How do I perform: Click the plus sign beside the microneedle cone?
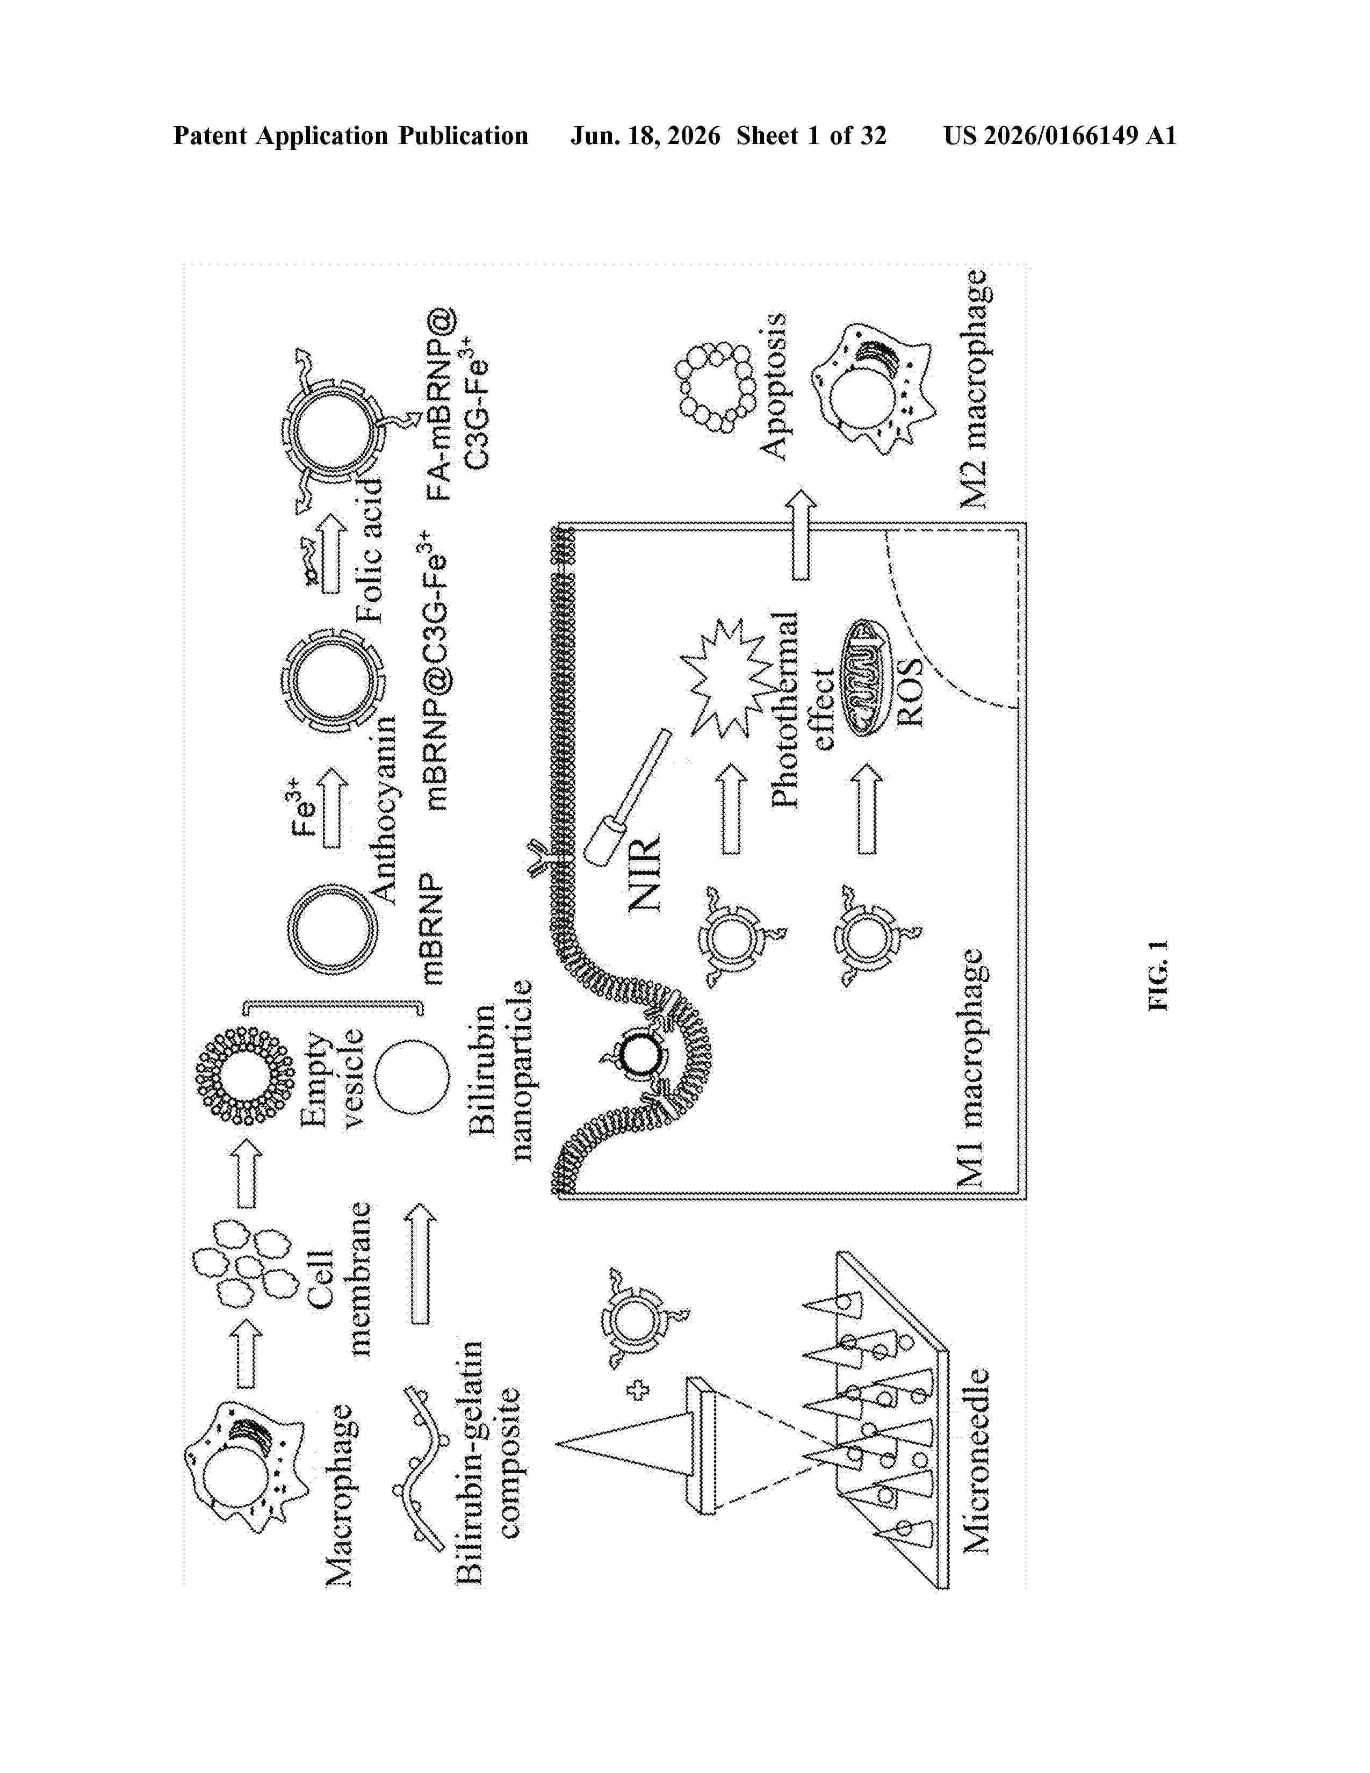click(x=637, y=1390)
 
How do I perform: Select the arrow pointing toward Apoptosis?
click(x=801, y=534)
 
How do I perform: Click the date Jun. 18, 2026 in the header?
click(x=645, y=135)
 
